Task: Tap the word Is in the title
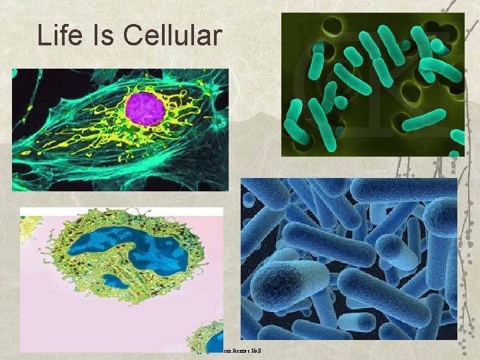pos(103,35)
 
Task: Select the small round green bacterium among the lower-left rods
pos(341,102)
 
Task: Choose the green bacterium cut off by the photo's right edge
pos(458,137)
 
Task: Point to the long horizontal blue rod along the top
pos(400,189)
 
